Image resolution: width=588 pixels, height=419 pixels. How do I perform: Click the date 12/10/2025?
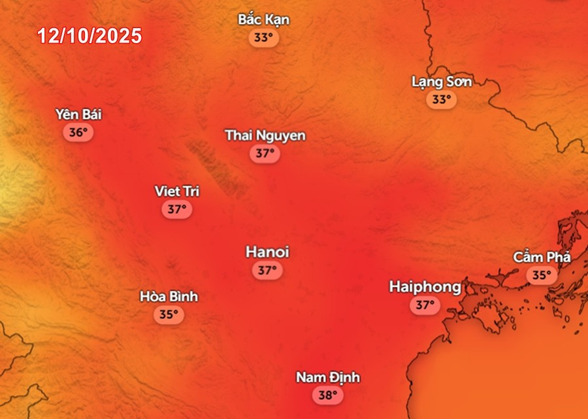[90, 36]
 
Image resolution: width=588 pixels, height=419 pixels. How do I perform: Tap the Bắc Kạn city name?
[263, 20]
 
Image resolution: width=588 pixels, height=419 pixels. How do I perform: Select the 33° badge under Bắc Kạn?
[263, 38]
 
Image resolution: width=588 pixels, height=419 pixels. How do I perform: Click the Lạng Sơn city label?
[442, 82]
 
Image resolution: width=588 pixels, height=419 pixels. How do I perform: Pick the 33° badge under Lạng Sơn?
[442, 100]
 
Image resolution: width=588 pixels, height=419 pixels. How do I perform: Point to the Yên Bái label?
[78, 114]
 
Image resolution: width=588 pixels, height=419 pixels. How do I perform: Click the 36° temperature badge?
[78, 133]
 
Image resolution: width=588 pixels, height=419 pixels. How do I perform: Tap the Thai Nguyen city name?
[265, 135]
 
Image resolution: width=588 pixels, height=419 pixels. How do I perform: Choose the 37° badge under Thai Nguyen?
[265, 154]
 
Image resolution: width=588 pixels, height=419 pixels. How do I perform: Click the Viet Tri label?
[177, 192]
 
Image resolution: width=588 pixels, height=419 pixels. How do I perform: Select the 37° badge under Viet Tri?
[177, 210]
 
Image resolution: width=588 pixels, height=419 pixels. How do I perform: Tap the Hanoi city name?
[267, 252]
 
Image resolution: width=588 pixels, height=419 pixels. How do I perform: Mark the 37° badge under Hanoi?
[267, 270]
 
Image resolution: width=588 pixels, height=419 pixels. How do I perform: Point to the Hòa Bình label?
[169, 297]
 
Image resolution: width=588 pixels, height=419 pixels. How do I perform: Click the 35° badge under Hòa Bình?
[169, 314]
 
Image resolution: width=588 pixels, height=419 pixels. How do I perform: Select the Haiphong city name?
[425, 286]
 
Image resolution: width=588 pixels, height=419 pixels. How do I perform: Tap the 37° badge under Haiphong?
[425, 305]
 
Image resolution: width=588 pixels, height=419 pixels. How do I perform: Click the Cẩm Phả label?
[542, 258]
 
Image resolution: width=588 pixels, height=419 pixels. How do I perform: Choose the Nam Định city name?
[328, 377]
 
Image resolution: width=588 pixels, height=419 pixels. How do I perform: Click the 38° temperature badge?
[328, 395]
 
